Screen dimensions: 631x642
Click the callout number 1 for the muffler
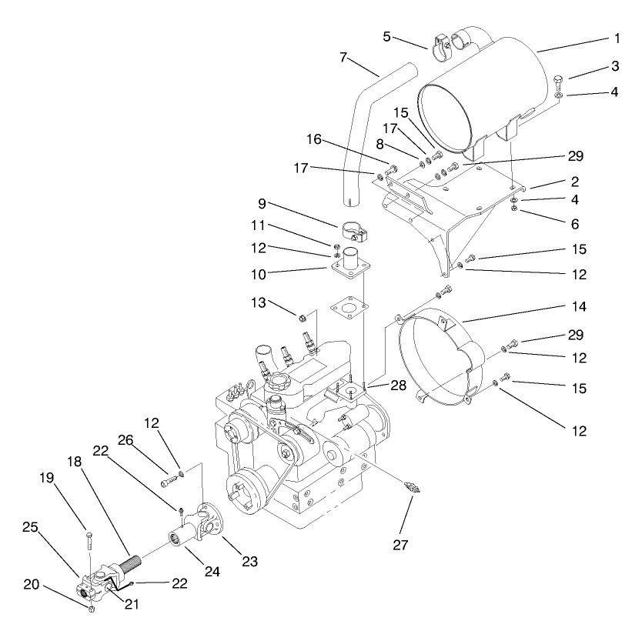point(617,37)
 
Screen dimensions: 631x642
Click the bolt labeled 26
point(168,482)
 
